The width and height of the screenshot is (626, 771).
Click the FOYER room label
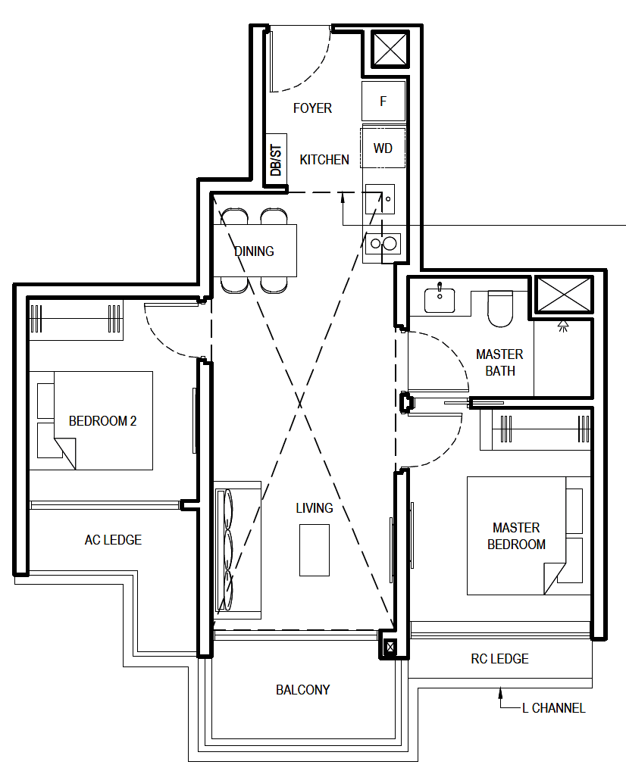312,108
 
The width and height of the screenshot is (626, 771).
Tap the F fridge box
383,101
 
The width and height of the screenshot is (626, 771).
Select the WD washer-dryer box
383,148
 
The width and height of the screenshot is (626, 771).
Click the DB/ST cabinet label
276,160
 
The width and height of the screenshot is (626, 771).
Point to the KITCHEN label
324,160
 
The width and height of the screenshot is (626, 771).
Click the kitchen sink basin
380,199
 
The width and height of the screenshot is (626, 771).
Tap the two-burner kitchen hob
383,243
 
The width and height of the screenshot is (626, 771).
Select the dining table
255,250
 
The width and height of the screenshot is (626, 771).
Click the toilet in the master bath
500,308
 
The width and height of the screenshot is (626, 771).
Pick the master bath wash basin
440,299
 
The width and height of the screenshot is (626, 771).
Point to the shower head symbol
563,326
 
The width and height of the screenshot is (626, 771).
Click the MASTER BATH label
499,362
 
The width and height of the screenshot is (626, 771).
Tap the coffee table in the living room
315,550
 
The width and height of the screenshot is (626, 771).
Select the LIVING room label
315,508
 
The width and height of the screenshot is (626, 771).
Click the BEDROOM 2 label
102,421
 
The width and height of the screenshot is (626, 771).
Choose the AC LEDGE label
113,540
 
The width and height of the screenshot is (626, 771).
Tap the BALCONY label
302,690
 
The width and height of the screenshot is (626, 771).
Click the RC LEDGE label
499,659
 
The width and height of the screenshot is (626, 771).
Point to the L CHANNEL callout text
554,708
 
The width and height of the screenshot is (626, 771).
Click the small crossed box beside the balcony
390,647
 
